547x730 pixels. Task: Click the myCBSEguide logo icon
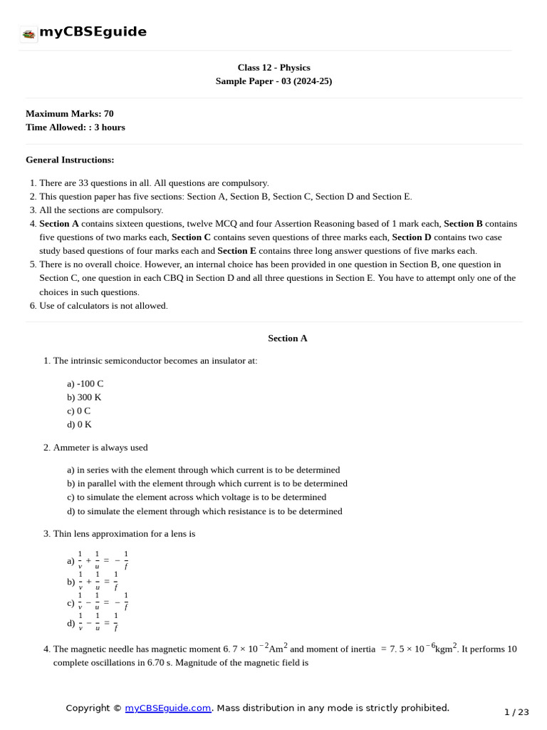(28, 34)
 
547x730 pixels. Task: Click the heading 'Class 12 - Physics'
(273, 68)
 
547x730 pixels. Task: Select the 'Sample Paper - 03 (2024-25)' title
(273, 81)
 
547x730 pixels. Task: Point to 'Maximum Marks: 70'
(69, 113)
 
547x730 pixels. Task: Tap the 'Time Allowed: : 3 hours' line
(75, 127)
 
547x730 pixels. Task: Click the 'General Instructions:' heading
(70, 160)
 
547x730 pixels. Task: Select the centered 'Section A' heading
(287, 338)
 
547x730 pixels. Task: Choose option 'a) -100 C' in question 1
(85, 384)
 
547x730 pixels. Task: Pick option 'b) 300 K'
(84, 397)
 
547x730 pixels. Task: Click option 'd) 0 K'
(79, 424)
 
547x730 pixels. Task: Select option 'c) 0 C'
(78, 411)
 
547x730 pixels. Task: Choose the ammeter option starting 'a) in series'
(203, 470)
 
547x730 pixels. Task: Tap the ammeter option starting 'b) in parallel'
(207, 483)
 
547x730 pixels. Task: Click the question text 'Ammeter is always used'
(100, 448)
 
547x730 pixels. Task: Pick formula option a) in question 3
(98, 561)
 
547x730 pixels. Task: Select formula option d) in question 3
(93, 623)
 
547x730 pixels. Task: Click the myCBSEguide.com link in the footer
(168, 708)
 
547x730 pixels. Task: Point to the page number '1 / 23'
(516, 712)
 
